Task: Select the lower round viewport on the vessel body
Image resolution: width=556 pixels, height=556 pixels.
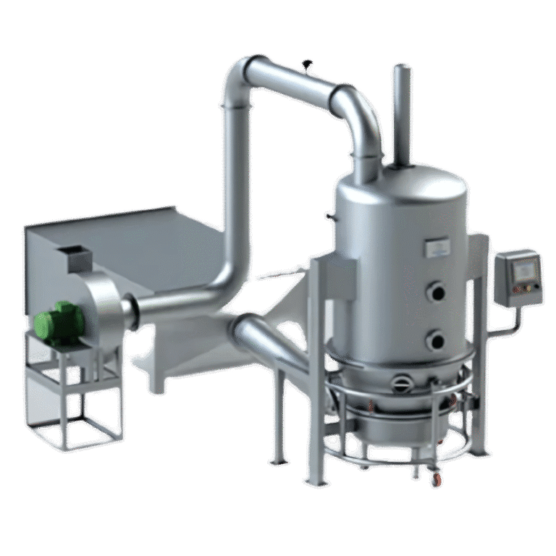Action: point(435,337)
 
